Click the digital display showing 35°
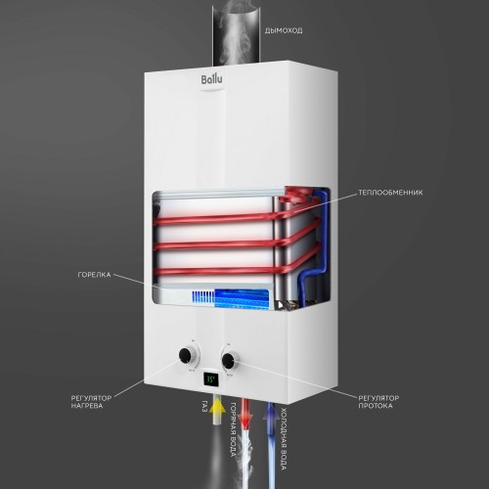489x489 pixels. click(210, 378)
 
